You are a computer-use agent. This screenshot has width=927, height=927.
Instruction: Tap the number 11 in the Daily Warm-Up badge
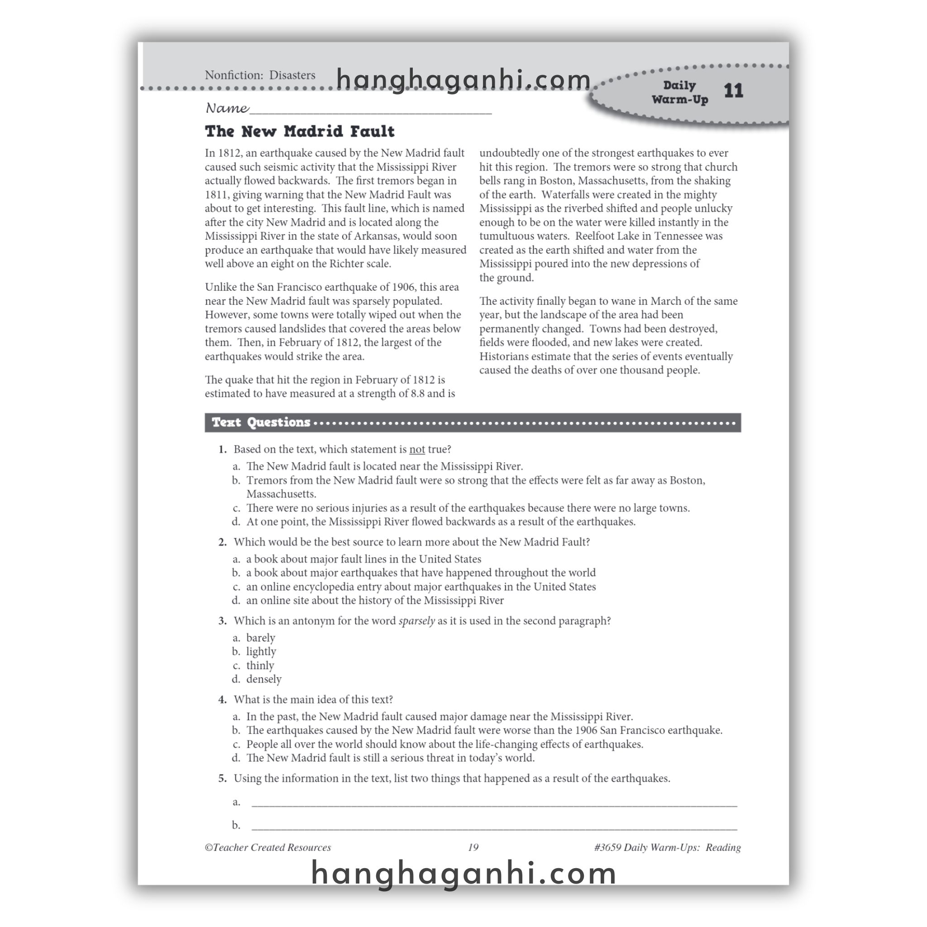pos(733,91)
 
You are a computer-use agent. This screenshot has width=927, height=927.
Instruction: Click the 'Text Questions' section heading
pos(261,422)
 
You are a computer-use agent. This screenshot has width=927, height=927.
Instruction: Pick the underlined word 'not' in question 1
pos(416,449)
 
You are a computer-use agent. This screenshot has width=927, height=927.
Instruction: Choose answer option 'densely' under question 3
pos(263,679)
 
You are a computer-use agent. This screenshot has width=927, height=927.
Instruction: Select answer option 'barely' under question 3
pos(261,638)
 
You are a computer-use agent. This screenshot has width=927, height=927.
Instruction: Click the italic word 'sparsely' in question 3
pos(416,621)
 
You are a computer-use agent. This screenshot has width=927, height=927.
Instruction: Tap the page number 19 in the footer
pos(473,847)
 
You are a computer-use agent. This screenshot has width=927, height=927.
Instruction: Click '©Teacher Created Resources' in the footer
pos(268,847)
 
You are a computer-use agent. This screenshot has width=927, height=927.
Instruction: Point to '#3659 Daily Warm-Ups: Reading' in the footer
pos(667,847)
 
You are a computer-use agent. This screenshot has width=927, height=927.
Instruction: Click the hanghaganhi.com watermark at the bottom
pos(463,873)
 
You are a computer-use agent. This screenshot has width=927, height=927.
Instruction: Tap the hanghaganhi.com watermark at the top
pos(463,80)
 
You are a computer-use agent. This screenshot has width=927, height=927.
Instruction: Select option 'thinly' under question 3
pos(260,665)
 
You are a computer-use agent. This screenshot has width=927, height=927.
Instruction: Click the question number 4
pos(222,700)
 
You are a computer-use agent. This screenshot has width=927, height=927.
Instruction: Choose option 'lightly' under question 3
pos(261,652)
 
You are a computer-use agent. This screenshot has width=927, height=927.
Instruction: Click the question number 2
pos(222,542)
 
